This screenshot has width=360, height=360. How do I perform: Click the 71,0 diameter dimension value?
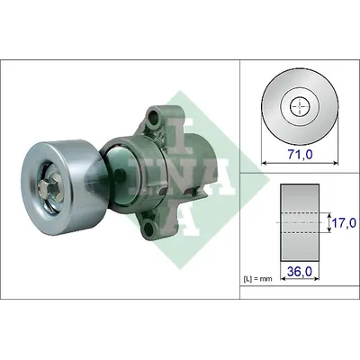[300, 155]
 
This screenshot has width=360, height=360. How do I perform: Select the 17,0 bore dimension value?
[345, 223]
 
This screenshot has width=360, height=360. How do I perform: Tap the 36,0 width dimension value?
[300, 271]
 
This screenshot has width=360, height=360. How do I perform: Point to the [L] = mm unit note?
[257, 279]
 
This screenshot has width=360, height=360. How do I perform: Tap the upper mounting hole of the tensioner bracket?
[154, 117]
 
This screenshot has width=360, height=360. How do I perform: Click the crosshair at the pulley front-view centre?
[300, 106]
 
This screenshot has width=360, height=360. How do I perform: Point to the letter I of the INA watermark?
[179, 136]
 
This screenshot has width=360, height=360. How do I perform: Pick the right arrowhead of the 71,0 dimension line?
[336, 163]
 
